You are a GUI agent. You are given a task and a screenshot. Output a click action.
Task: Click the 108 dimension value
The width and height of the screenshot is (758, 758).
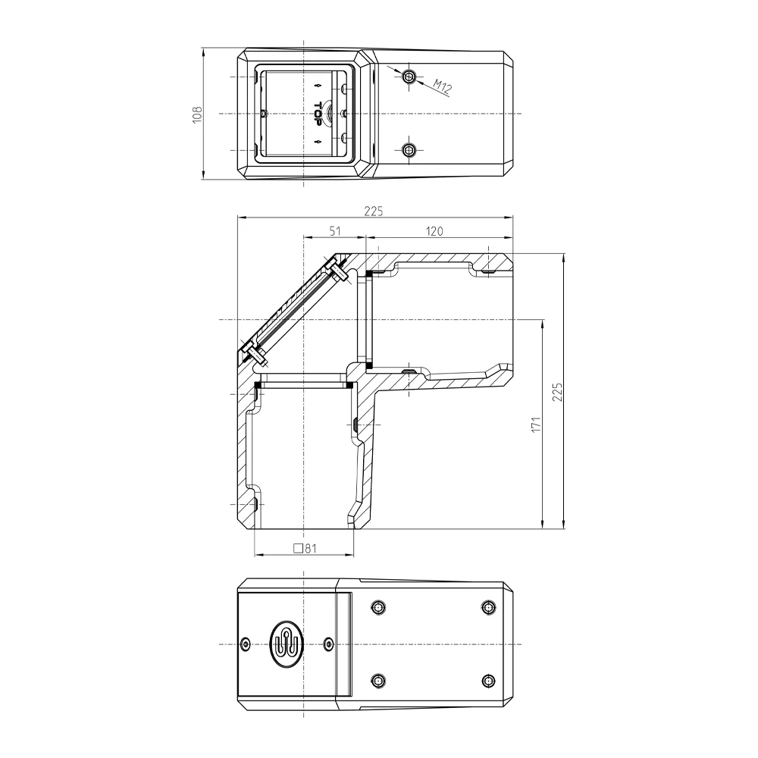[x=197, y=114]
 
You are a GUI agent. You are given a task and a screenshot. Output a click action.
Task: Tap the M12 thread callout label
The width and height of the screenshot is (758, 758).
[x=442, y=86]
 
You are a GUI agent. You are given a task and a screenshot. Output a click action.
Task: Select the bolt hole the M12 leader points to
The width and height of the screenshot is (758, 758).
[x=409, y=76]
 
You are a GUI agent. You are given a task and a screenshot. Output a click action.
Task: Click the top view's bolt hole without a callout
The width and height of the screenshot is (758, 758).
[x=409, y=150]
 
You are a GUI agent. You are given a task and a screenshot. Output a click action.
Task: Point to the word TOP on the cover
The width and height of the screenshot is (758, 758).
[x=318, y=114]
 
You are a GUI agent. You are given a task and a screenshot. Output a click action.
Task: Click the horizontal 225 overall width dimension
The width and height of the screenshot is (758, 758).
[x=373, y=211]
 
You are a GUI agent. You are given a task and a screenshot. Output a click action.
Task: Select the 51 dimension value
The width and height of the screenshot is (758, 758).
[x=335, y=231]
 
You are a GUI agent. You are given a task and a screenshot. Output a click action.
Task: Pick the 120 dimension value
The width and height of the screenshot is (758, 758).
[x=434, y=231]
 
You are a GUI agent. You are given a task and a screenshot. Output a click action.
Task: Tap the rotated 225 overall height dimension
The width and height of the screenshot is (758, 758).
[x=557, y=392]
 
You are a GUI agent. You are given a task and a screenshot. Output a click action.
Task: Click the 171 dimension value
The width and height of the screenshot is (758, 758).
[x=536, y=424]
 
